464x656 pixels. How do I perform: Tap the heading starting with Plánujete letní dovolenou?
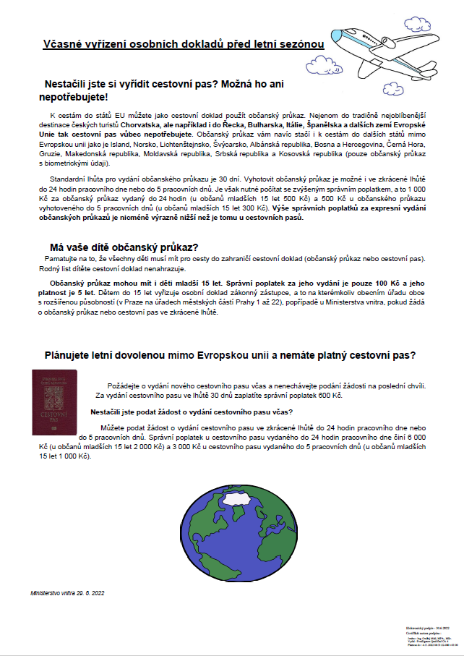click(x=230, y=355)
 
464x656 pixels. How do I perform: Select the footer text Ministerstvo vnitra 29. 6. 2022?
click(x=68, y=592)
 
